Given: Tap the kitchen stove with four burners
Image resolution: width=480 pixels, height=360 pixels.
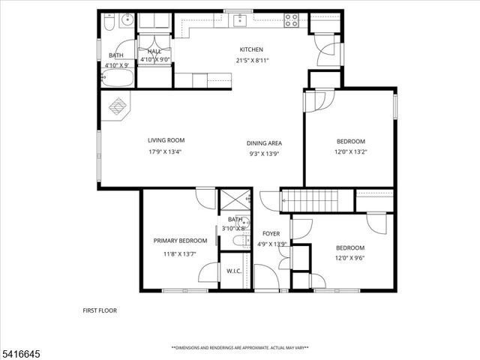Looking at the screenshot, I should click(292, 20).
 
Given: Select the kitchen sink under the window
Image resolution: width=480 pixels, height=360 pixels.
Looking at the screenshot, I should click(240, 20).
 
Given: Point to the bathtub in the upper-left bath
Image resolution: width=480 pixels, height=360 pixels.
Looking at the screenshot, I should click(117, 79).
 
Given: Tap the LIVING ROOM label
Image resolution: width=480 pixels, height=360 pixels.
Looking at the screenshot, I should click(166, 140).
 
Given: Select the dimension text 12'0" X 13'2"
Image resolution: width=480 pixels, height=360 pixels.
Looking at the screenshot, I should click(350, 152).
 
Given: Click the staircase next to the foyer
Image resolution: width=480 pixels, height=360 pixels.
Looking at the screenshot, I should click(309, 200).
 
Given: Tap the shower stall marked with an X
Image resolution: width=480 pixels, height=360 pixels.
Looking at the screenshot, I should click(234, 200).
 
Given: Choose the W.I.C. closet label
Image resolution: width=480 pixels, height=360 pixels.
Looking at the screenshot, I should click(233, 272).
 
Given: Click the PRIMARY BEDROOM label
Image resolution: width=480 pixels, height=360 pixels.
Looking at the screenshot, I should click(181, 241).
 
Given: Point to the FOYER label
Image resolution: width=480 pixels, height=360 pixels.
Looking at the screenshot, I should click(270, 233).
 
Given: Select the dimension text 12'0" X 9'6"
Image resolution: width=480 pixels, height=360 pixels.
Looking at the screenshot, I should click(350, 258).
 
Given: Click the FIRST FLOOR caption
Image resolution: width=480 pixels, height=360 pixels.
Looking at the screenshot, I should click(99, 310).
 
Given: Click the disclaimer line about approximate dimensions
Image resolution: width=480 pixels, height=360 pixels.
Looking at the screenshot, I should click(239, 348).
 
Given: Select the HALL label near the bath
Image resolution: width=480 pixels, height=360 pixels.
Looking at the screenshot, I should click(154, 51).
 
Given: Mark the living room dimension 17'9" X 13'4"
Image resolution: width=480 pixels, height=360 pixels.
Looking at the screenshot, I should click(166, 151).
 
